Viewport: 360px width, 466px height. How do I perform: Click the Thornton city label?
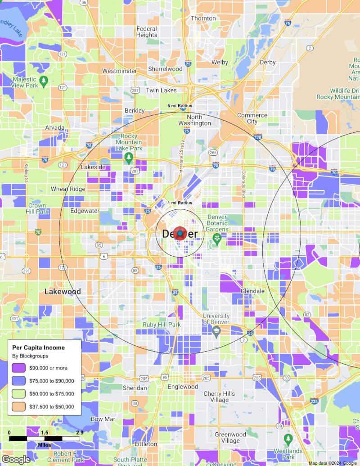tap(203, 18)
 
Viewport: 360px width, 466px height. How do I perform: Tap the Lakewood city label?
tap(63, 292)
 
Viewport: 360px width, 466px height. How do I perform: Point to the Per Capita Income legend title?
tap(38, 348)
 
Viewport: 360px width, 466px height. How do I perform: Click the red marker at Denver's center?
tap(180, 234)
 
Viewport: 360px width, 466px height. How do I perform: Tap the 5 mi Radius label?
tap(180, 106)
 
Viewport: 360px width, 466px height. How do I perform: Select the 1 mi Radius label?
tap(180, 203)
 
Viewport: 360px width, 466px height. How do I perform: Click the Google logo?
tap(16, 459)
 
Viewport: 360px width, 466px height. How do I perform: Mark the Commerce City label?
tap(252, 118)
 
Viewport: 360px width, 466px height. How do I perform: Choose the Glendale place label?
tap(252, 291)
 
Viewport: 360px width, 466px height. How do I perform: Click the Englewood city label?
tap(183, 387)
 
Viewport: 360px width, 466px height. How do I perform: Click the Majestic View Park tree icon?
tap(44, 81)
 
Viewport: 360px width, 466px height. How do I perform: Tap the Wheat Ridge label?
tap(68, 189)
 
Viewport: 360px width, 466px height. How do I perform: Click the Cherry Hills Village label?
tap(219, 397)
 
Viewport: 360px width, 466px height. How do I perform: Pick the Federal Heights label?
tap(147, 32)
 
